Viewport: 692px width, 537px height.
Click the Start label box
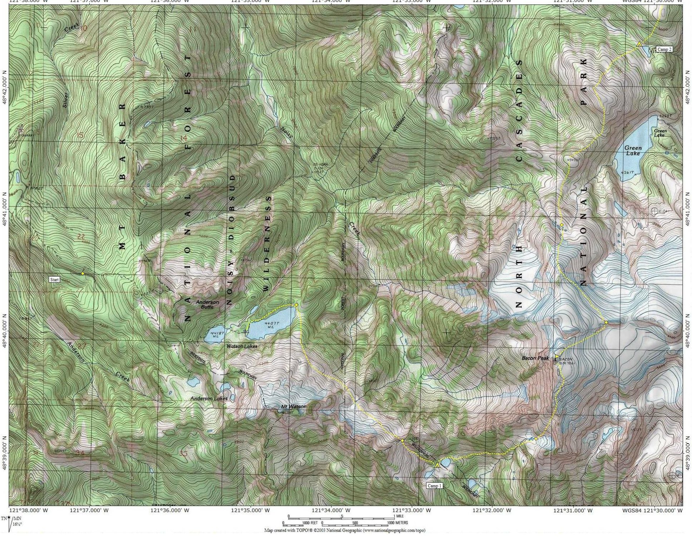[54, 279]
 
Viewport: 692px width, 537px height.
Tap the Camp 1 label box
[435, 486]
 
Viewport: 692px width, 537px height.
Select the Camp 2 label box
[664, 49]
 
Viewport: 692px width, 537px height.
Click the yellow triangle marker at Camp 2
[639, 44]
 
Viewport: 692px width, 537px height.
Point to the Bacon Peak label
[535, 358]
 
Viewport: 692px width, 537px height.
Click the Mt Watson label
[293, 407]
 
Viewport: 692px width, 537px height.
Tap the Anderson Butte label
[207, 304]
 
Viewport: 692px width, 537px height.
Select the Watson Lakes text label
[242, 346]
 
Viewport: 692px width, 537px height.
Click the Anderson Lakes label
[209, 398]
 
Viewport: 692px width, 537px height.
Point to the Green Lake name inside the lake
[633, 151]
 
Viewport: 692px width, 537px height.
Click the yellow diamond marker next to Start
[83, 274]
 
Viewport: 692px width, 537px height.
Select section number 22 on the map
[81, 236]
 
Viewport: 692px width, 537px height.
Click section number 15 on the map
[80, 135]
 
